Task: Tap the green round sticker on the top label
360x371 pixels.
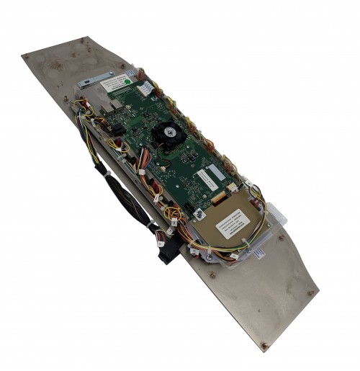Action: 125,82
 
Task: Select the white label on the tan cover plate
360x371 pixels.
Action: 232,225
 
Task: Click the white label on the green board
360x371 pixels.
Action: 210,176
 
